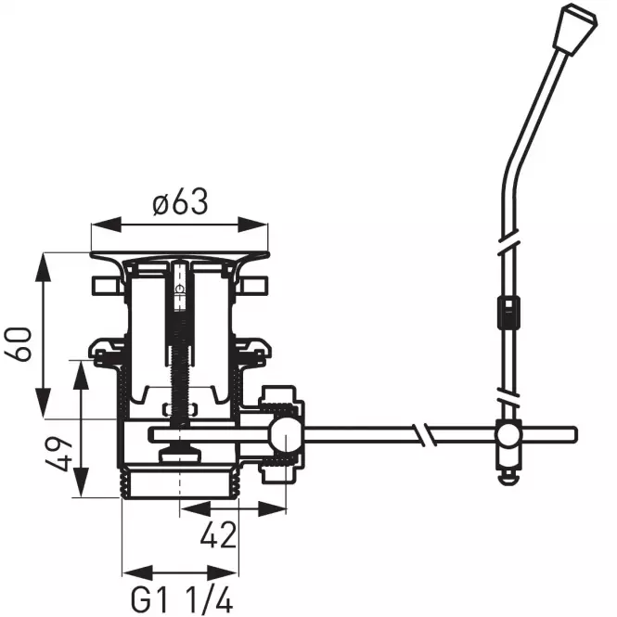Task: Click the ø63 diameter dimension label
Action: (179, 202)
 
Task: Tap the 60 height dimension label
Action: (18, 343)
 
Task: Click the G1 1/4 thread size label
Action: (182, 600)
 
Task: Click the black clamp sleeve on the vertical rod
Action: (508, 313)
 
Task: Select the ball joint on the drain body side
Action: (286, 435)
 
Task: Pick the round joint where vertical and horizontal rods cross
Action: (508, 435)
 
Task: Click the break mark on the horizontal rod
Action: (424, 435)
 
